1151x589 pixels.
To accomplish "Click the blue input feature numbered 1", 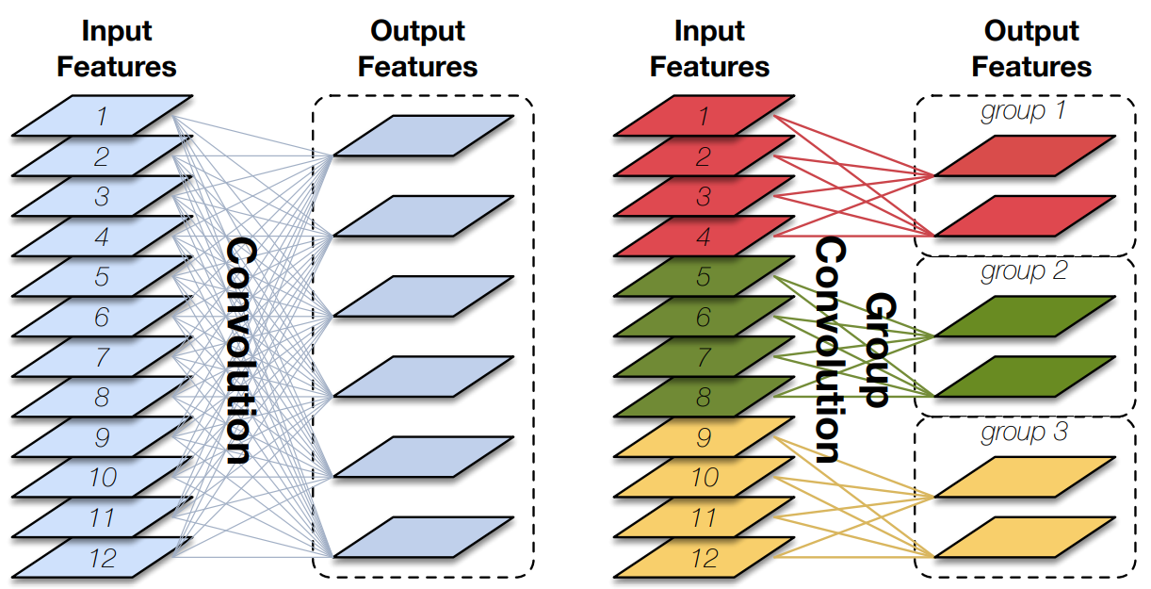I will click(102, 116).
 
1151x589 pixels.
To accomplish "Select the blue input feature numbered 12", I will click(102, 558).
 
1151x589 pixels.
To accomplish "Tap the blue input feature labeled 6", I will click(102, 318).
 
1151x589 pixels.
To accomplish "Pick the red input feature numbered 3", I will click(704, 197).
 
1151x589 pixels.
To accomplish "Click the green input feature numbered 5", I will click(704, 277).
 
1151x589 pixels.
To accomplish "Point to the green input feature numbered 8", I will click(704, 397).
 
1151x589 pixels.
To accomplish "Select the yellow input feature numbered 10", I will click(704, 478).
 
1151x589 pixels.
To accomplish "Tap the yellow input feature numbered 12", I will click(704, 558).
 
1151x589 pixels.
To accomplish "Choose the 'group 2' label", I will click(1023, 273).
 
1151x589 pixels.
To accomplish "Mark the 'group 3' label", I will click(1023, 434).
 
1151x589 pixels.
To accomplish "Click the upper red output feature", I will click(1025, 156).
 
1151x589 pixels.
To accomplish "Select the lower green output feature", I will click(1025, 378).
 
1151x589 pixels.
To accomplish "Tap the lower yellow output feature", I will click(1025, 537).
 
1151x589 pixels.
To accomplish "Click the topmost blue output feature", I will click(423, 136).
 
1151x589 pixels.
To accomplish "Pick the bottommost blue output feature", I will click(423, 537).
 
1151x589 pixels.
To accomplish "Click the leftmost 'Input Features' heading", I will click(117, 49).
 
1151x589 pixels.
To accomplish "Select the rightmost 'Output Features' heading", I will click(1031, 49).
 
